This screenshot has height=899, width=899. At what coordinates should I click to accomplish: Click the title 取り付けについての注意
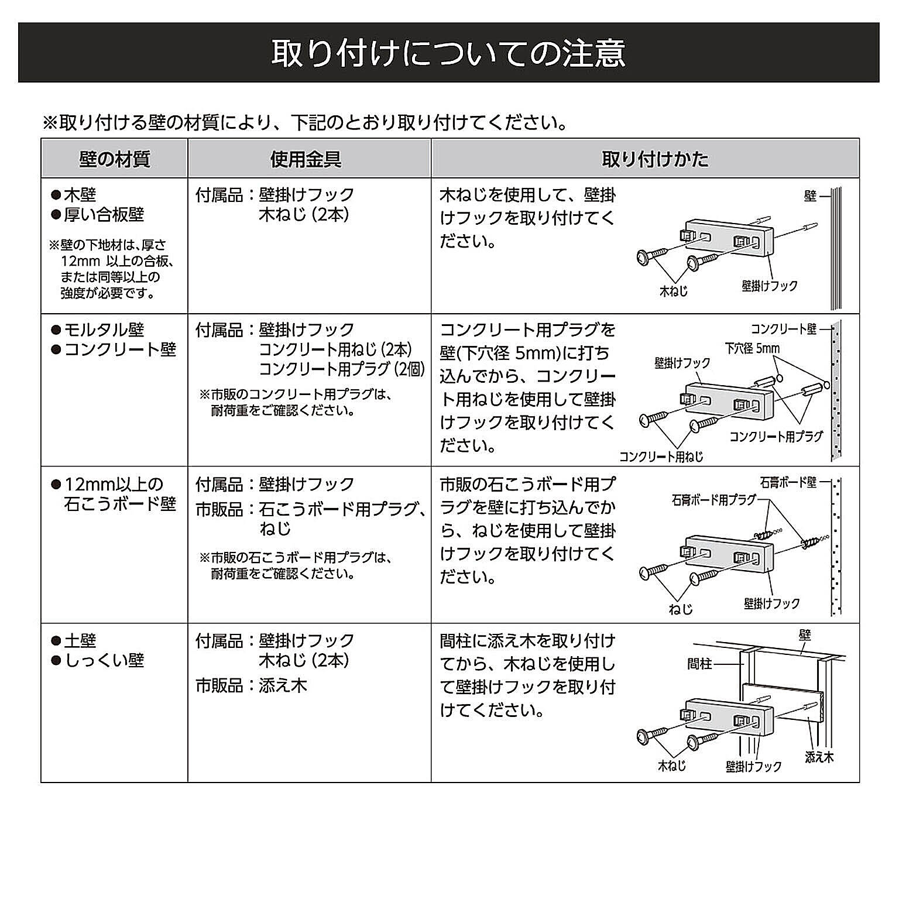(x=448, y=53)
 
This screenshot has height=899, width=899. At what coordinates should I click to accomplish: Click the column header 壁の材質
(x=115, y=159)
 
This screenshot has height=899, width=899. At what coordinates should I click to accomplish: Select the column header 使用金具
(x=306, y=159)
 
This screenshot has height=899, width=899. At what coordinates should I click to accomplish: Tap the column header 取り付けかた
(x=655, y=159)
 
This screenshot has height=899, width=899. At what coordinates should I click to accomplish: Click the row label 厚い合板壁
(x=104, y=215)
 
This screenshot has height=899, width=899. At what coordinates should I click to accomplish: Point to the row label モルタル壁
(x=104, y=330)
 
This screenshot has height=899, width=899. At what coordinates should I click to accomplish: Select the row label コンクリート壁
(x=120, y=350)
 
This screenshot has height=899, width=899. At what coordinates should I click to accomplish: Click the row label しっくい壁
(x=104, y=661)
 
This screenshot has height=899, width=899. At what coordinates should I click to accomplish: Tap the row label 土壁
(x=80, y=641)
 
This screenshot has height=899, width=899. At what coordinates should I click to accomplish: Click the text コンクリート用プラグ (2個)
(x=342, y=369)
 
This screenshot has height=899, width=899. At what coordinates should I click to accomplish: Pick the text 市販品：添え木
(x=251, y=685)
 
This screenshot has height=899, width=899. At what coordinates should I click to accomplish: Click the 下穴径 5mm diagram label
(x=752, y=349)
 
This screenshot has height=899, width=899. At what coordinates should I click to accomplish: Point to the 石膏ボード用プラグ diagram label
(x=714, y=500)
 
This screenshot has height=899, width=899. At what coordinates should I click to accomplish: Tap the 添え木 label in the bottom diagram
(x=819, y=757)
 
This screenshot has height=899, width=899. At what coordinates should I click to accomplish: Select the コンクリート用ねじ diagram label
(x=661, y=457)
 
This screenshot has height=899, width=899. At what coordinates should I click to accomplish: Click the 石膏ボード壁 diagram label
(x=788, y=482)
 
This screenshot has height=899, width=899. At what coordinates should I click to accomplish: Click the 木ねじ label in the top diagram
(x=674, y=291)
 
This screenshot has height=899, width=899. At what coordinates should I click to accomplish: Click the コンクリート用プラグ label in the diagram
(x=776, y=437)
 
